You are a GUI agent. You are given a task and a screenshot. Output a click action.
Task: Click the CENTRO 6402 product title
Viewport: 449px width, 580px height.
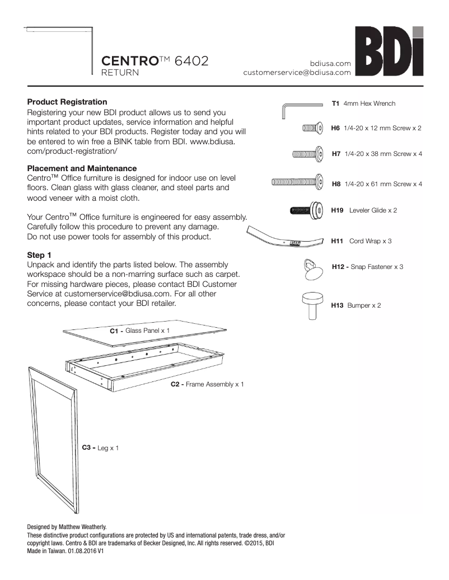click(x=155, y=60)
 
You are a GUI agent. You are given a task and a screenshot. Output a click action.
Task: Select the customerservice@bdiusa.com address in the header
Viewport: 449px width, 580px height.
click(x=297, y=73)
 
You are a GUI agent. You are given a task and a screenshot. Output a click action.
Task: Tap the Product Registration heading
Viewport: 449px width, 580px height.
click(x=67, y=102)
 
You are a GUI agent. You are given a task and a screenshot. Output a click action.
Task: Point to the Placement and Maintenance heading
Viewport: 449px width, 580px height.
click(x=82, y=168)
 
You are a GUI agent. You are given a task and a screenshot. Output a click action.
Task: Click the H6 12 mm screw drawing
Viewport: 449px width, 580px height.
click(x=311, y=129)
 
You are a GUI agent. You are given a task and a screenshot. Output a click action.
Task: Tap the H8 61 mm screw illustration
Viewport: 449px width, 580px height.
click(x=297, y=182)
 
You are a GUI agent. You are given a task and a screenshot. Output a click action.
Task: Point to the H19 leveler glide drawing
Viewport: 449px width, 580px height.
click(x=306, y=211)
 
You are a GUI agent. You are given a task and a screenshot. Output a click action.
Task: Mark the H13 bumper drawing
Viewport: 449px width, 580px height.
click(x=312, y=305)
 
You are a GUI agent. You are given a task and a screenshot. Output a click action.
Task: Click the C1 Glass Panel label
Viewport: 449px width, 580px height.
click(x=139, y=331)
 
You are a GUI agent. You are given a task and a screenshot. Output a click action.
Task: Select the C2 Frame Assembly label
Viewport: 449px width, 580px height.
click(x=207, y=385)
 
